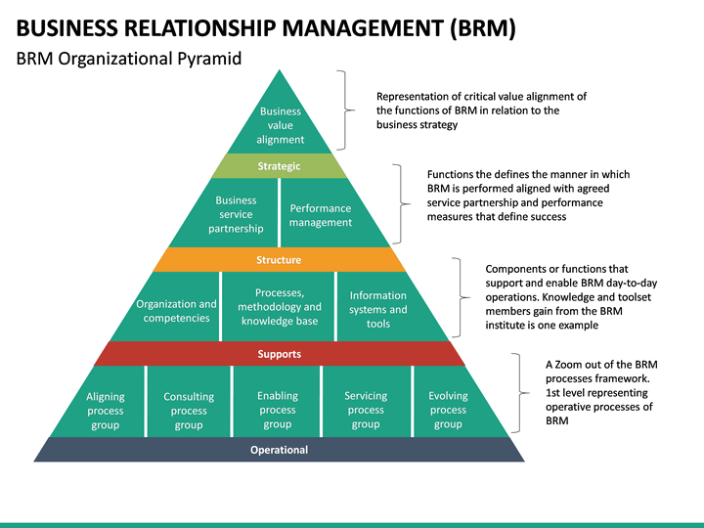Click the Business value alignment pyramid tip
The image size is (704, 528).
[x=280, y=123]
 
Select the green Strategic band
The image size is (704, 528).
[x=280, y=166]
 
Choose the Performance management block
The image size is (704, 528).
[x=319, y=214]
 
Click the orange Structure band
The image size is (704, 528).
[x=280, y=260]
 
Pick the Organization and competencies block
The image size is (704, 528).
[x=178, y=310]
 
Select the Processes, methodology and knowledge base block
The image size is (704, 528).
[x=279, y=307]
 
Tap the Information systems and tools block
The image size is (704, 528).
[x=377, y=309]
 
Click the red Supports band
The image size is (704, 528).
[x=280, y=354]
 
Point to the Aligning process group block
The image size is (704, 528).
[x=105, y=410]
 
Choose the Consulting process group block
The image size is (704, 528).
[x=189, y=410]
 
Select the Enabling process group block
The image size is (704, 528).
[x=278, y=410]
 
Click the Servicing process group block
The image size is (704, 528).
[x=366, y=410]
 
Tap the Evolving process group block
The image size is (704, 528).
[x=448, y=410]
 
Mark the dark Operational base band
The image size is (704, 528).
[x=280, y=450]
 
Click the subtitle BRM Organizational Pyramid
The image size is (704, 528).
[x=129, y=59]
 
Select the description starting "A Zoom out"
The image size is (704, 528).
[x=599, y=392]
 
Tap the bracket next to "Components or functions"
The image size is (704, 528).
[x=460, y=296]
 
